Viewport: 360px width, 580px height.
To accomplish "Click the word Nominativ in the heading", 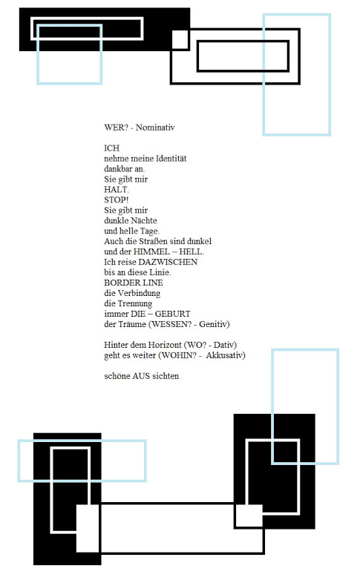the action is coord(155,128).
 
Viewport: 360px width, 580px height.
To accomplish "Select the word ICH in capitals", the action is coord(112,148).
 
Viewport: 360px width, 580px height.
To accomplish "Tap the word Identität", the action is coord(171,159).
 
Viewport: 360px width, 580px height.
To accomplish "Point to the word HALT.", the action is coord(117,190).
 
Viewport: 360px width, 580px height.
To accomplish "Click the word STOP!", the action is coord(117,200).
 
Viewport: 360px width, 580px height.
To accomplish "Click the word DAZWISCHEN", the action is coord(168,263).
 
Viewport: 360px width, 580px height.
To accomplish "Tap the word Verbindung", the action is coord(139,293).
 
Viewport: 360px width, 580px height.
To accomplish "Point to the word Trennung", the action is coord(135,303).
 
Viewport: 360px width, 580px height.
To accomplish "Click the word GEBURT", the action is coord(173,314).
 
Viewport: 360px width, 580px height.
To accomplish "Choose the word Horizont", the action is coord(165,345).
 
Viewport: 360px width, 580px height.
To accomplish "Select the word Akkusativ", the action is coord(226,355).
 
